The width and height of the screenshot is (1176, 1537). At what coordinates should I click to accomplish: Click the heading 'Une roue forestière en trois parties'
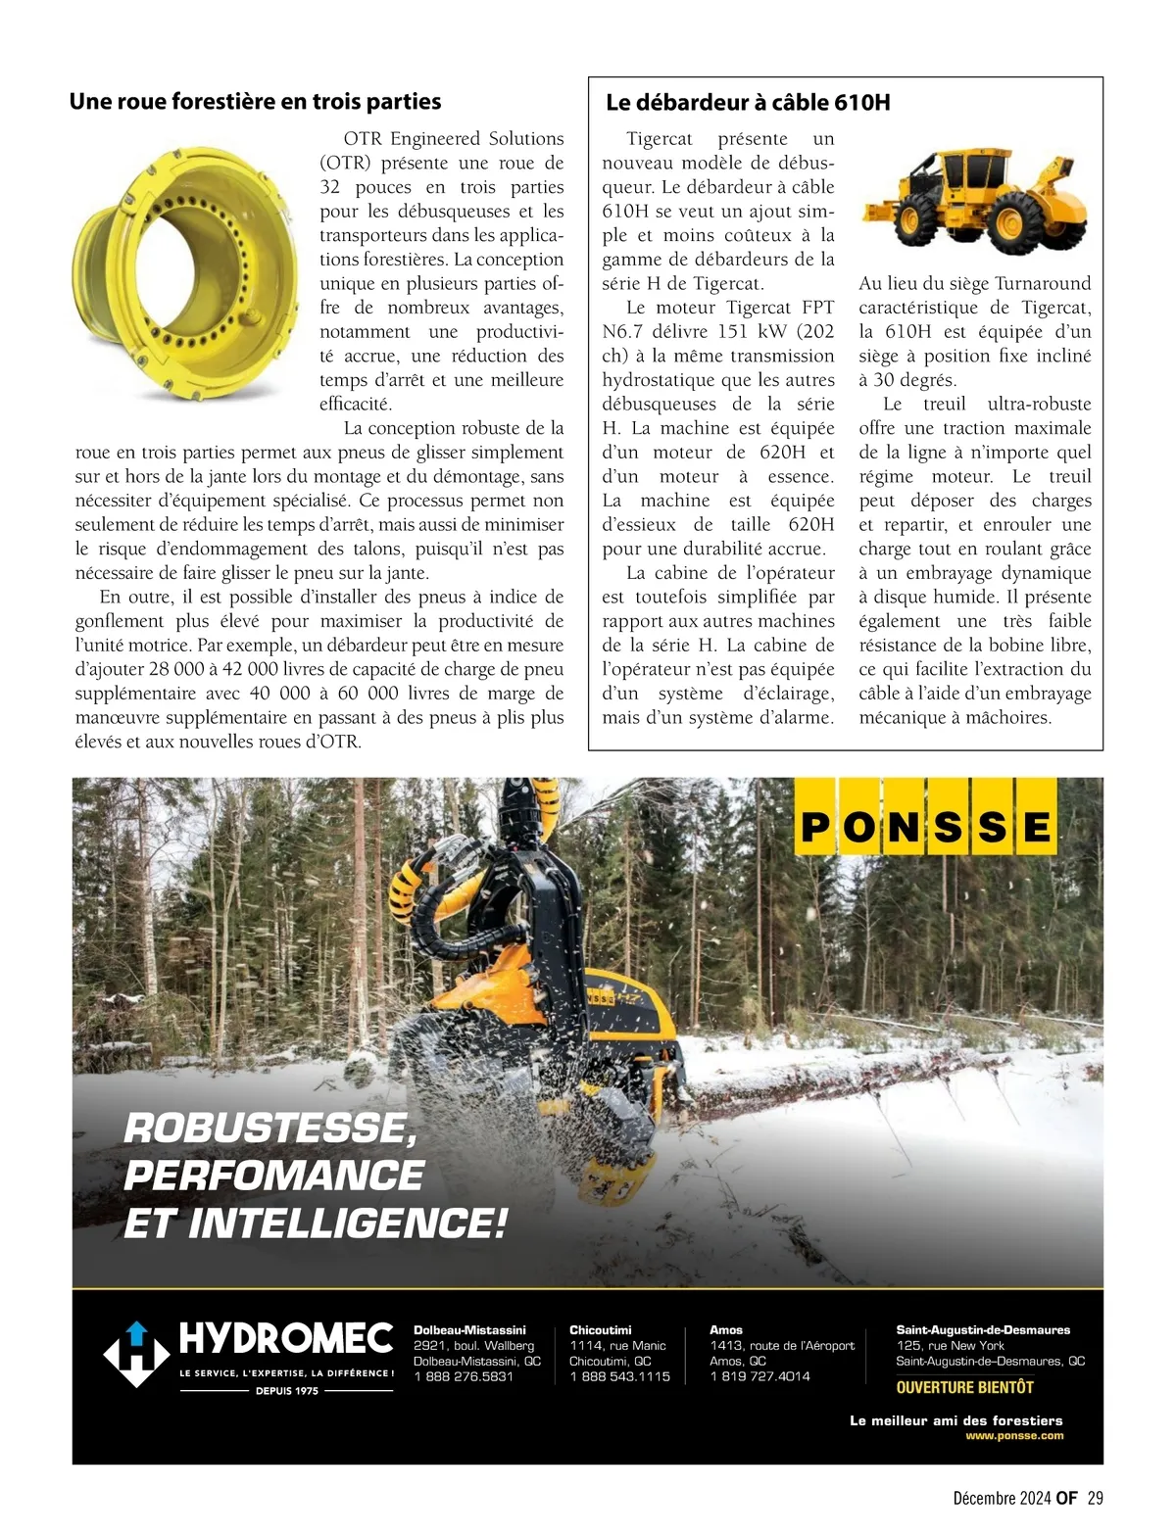[x=255, y=102]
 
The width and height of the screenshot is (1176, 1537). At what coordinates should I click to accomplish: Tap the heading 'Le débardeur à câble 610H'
[x=748, y=103]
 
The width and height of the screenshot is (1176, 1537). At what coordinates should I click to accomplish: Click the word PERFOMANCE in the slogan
[x=273, y=1175]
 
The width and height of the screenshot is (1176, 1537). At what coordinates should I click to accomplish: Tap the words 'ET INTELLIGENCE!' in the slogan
[x=316, y=1223]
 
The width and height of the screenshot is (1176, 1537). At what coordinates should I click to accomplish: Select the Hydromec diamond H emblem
[x=137, y=1354]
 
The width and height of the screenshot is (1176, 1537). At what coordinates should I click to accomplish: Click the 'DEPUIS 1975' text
[x=286, y=1390]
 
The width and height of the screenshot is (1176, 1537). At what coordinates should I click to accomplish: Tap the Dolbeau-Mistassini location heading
[x=469, y=1330]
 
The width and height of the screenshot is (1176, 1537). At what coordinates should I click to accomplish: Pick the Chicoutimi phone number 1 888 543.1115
[x=619, y=1376]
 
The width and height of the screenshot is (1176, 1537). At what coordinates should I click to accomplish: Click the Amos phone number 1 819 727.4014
[x=759, y=1376]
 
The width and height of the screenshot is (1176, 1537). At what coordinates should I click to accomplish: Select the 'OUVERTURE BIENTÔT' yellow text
[x=964, y=1387]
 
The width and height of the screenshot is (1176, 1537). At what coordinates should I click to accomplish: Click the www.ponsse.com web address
[x=1013, y=1435]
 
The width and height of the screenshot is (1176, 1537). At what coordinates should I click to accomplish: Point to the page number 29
[x=1095, y=1498]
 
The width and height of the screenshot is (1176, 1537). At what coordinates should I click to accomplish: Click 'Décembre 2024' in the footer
[x=1002, y=1498]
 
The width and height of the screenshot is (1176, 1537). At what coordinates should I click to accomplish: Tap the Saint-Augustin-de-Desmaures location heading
[x=983, y=1330]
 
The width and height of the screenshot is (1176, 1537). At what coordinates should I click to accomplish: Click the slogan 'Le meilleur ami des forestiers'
[x=955, y=1420]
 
